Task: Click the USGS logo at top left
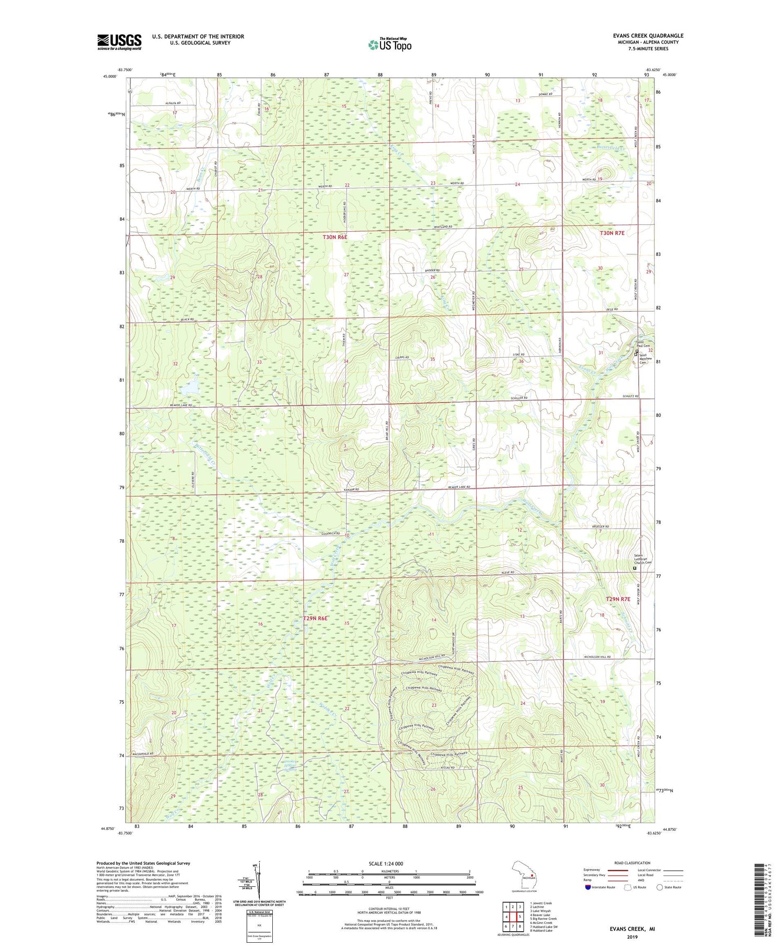coord(119,42)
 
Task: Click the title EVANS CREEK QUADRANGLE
coord(648,36)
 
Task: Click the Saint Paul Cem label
coord(642,345)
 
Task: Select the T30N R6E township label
coord(335,237)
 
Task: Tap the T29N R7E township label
coord(618,599)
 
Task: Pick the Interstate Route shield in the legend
coord(587,887)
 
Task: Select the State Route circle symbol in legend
coord(660,887)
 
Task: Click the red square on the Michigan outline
coord(532,874)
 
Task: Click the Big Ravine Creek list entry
coord(543,919)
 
